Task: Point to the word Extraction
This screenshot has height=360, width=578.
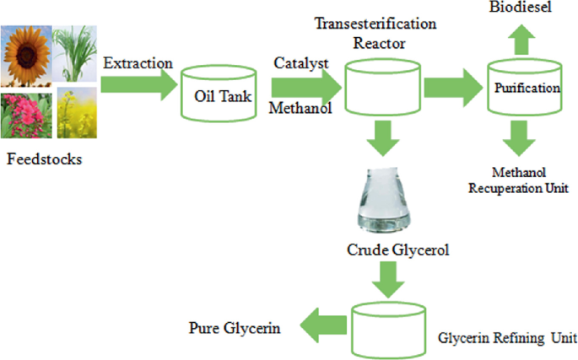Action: (x=138, y=63)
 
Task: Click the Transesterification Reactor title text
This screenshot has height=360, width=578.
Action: (x=375, y=33)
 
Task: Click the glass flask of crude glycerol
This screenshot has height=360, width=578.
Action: (x=387, y=200)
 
